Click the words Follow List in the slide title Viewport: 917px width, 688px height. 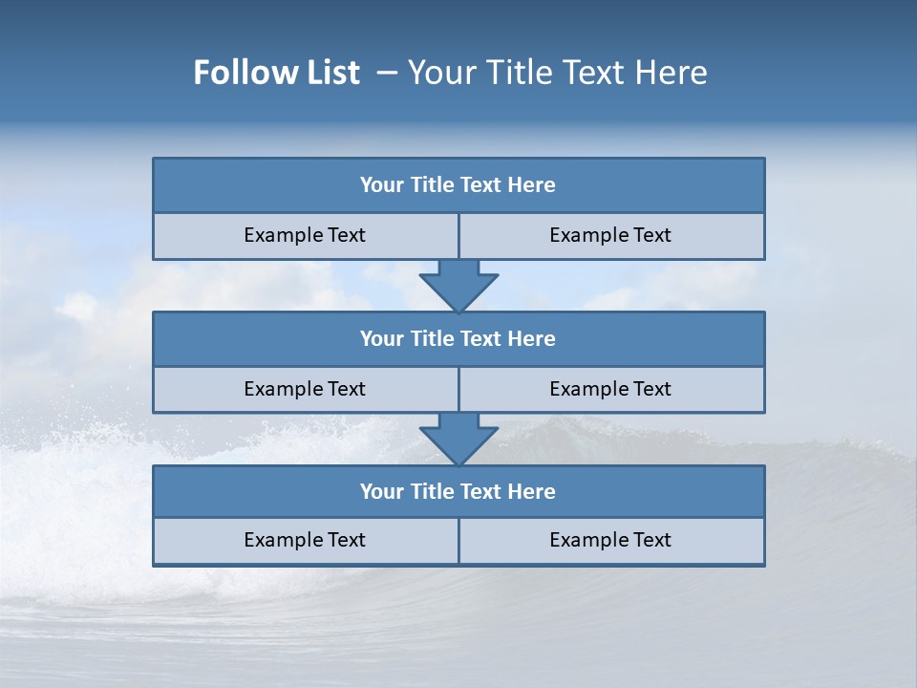[x=276, y=73]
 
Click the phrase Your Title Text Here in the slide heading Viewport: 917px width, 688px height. [x=557, y=73]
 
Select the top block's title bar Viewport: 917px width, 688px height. [x=458, y=185]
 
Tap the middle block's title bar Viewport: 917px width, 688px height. [x=458, y=339]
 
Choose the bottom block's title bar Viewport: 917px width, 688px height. [x=458, y=492]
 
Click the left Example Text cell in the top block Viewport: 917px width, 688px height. [x=305, y=236]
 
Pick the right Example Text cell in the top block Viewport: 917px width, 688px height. [x=610, y=236]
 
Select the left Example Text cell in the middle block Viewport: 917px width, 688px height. [x=305, y=390]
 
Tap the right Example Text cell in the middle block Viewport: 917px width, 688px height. [x=610, y=390]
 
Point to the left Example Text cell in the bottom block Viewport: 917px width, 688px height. [x=305, y=541]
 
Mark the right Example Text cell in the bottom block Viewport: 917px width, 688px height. [x=610, y=541]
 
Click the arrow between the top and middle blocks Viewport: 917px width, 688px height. [x=458, y=286]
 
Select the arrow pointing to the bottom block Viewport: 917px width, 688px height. [x=458, y=440]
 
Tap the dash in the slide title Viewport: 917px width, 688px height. [x=387, y=73]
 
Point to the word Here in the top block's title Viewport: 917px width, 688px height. [x=532, y=185]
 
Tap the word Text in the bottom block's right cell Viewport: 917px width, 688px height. [x=651, y=541]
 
